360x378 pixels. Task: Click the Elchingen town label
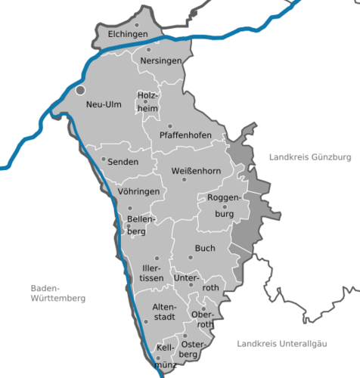pyautogui.click(x=126, y=35)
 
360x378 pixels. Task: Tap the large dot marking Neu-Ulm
pyautogui.click(x=81, y=89)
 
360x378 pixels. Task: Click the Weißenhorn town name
pyautogui.click(x=196, y=171)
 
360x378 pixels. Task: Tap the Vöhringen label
pyautogui.click(x=139, y=192)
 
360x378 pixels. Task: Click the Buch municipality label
pyautogui.click(x=204, y=248)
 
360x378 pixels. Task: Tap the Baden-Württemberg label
pyautogui.click(x=57, y=293)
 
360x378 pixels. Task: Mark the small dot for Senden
pyautogui.click(x=104, y=160)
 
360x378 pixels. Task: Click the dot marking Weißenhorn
pyautogui.click(x=184, y=180)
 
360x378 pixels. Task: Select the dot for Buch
pyautogui.click(x=191, y=257)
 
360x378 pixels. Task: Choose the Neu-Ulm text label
pyautogui.click(x=104, y=104)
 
